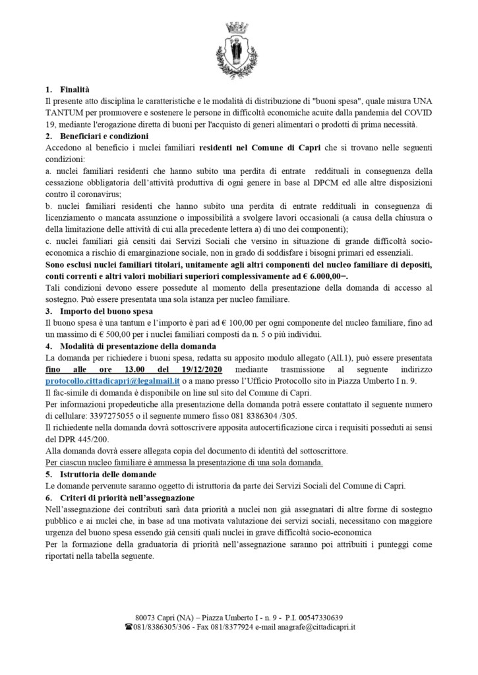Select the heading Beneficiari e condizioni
pos(98,136)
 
